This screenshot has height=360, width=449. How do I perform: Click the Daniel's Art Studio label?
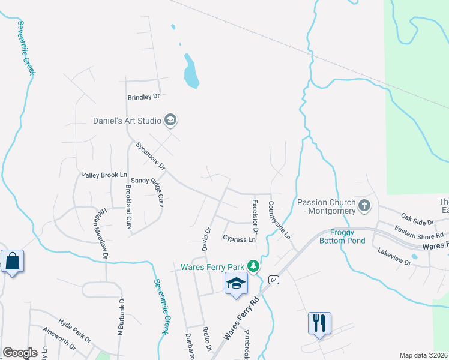click(x=127, y=121)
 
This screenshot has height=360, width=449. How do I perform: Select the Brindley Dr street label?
click(x=144, y=97)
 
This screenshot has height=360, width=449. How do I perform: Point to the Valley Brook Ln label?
click(x=105, y=175)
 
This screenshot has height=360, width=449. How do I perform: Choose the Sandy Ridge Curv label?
click(x=147, y=188)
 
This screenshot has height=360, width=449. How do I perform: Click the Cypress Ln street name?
click(x=239, y=239)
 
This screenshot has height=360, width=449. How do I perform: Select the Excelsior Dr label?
click(x=255, y=216)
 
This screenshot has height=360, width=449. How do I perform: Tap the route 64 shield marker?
click(x=274, y=280)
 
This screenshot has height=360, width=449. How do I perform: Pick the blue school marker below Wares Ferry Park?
click(x=237, y=283)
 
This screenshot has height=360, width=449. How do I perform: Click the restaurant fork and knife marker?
click(x=319, y=323)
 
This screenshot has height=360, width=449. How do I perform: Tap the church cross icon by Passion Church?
click(x=364, y=206)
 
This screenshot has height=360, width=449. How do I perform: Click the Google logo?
click(x=20, y=353)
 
